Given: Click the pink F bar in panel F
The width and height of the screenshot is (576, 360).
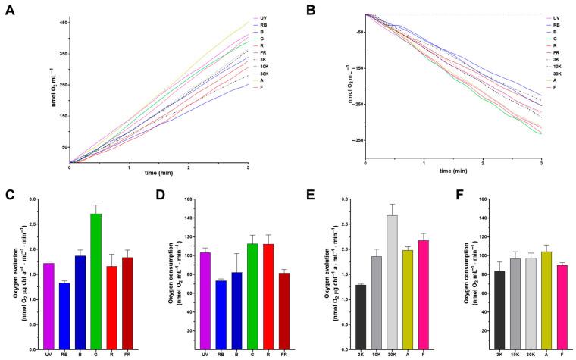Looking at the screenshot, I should click(x=540, y=306).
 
